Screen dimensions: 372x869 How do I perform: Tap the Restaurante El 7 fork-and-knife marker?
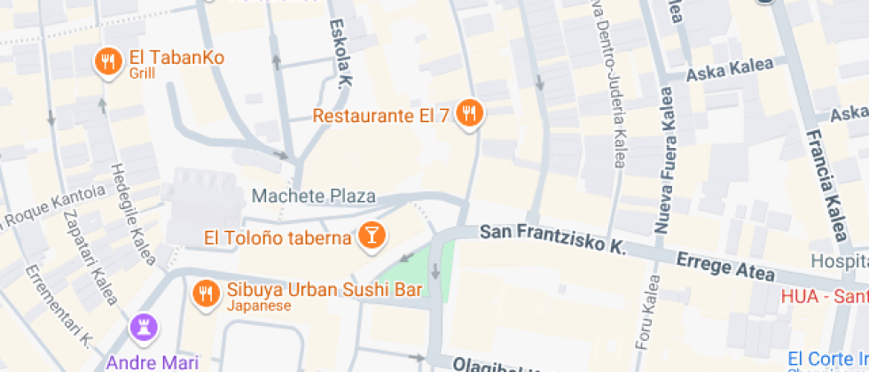pos(469,113)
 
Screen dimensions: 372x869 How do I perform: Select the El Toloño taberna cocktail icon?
pos(371,236)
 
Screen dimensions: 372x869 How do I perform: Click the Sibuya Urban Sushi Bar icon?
pos(207,292)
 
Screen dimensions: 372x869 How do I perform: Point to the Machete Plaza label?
pos(314,196)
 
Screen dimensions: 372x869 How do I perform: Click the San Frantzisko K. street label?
pos(552,237)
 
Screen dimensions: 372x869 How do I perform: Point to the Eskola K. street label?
pos(341,53)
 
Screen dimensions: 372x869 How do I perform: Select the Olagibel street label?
pos(488,365)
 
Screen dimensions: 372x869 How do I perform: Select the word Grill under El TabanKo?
pos(141,74)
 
